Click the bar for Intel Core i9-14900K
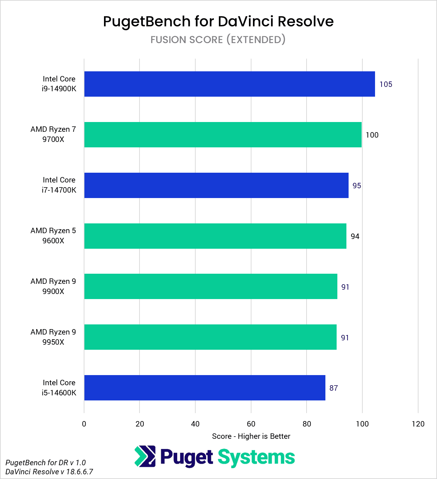(229, 84)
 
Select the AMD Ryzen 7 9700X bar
(223, 135)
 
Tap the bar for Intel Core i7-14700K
(216, 185)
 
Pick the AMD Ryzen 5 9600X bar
(215, 236)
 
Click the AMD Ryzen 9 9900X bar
(211, 286)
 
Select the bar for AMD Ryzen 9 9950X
(210, 337)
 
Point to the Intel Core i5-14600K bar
(205, 388)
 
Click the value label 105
(386, 84)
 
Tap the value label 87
(333, 388)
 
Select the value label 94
(355, 236)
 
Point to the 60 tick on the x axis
(251, 424)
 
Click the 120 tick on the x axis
(418, 424)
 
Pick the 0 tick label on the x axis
(84, 424)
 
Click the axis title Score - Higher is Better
(251, 436)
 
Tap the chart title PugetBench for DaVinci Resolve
(218, 21)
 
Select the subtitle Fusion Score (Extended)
(218, 39)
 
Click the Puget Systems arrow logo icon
(145, 457)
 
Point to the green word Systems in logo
(256, 457)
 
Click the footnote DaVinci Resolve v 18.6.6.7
(49, 472)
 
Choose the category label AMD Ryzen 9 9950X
(53, 337)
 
